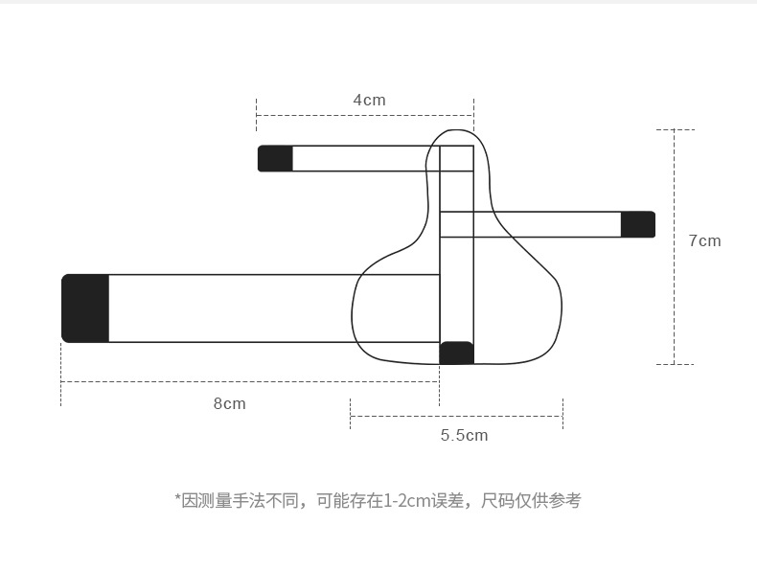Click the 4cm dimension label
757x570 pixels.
[x=369, y=100]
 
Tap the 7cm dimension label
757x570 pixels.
[x=704, y=240]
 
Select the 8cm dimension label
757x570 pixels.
[x=229, y=403]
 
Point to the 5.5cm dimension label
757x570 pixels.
[x=464, y=435]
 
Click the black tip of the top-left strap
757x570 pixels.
[x=275, y=158]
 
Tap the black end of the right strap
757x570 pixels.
[x=637, y=224]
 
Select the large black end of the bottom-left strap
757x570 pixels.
[x=85, y=308]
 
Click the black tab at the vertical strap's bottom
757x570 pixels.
[x=456, y=353]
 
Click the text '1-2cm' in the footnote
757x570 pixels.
[x=405, y=500]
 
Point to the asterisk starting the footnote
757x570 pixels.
[x=177, y=498]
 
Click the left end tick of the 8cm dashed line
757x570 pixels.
[x=61, y=381]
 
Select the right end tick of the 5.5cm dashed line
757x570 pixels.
[x=562, y=415]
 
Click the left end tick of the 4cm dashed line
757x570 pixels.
[x=257, y=116]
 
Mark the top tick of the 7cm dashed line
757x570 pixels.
[x=675, y=129]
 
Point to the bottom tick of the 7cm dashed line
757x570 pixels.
[x=675, y=364]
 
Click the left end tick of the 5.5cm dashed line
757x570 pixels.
[x=351, y=415]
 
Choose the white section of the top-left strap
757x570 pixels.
[x=364, y=158]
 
